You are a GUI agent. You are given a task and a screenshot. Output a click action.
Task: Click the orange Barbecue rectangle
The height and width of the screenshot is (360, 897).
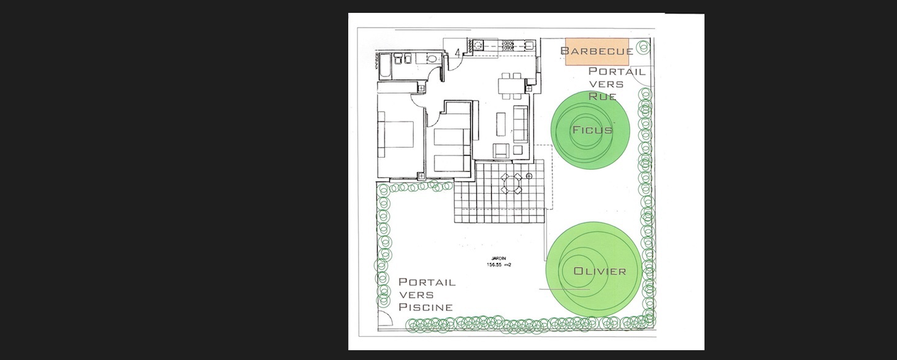point(597,52)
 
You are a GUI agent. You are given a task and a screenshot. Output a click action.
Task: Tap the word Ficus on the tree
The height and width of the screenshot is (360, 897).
point(592,130)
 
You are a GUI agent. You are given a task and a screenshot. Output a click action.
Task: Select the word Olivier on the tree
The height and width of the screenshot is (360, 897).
point(600,271)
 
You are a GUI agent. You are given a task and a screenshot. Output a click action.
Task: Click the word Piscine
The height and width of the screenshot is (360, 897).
point(426,307)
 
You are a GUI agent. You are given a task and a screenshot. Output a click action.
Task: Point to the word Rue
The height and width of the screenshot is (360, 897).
point(602,96)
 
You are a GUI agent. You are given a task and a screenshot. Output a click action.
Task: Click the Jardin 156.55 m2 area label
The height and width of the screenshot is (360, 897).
point(499,261)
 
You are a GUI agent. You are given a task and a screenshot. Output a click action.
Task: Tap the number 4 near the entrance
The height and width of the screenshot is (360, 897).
point(458,52)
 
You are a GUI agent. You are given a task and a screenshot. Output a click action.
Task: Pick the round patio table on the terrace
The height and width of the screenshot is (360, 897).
point(511,184)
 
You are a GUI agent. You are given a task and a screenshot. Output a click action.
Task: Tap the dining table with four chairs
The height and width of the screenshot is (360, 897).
point(511,86)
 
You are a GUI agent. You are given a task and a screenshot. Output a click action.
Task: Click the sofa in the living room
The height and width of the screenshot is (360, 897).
point(520,124)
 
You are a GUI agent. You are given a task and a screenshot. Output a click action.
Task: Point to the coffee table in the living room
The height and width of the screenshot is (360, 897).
point(501,124)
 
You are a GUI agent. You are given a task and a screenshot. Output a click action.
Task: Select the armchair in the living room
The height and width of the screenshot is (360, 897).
point(501,151)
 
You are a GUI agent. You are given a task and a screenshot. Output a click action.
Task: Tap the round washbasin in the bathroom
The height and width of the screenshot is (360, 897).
point(432,58)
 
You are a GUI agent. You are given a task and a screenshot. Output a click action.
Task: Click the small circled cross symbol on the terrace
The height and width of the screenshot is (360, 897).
point(529,176)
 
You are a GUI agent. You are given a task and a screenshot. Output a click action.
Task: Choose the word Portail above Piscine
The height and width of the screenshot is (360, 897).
point(427,282)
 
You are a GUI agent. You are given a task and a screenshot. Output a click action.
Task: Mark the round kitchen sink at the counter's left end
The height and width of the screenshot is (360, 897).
point(478,45)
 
